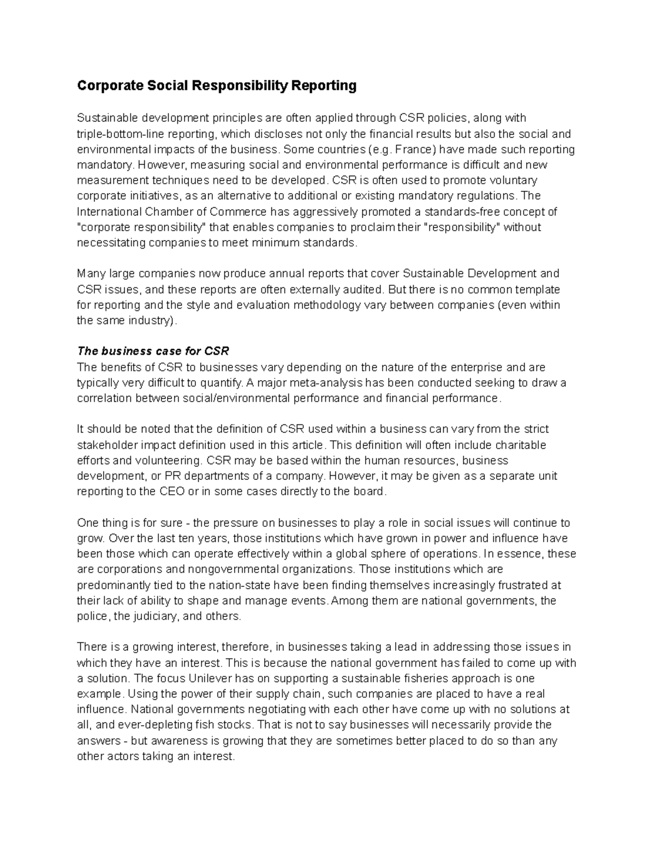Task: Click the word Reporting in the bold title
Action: [x=323, y=86]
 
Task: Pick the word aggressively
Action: [x=331, y=212]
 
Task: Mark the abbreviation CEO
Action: [x=172, y=491]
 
